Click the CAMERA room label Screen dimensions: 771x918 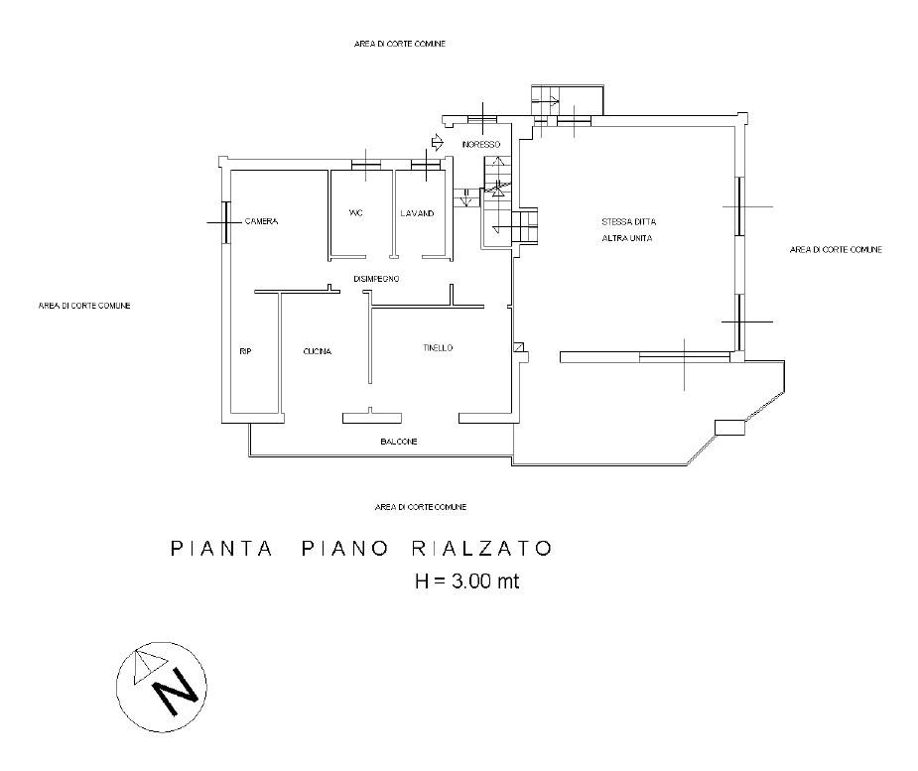click(262, 221)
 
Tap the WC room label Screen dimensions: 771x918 click(355, 213)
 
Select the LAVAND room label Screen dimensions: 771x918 click(417, 213)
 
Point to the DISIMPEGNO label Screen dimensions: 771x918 click(376, 279)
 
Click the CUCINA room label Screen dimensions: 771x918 click(318, 352)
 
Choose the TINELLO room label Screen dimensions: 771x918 click(438, 348)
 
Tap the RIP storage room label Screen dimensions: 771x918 click(245, 351)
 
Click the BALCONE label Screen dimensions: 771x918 click(398, 441)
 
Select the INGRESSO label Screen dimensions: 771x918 click(481, 145)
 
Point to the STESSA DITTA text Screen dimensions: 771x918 click(628, 221)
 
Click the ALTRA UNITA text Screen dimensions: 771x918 click(627, 239)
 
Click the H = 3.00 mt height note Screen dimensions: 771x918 click(466, 581)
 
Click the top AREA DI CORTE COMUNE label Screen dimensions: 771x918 click(400, 45)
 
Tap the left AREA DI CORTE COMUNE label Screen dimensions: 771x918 click(84, 306)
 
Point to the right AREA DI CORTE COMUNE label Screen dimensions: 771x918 click(836, 250)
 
